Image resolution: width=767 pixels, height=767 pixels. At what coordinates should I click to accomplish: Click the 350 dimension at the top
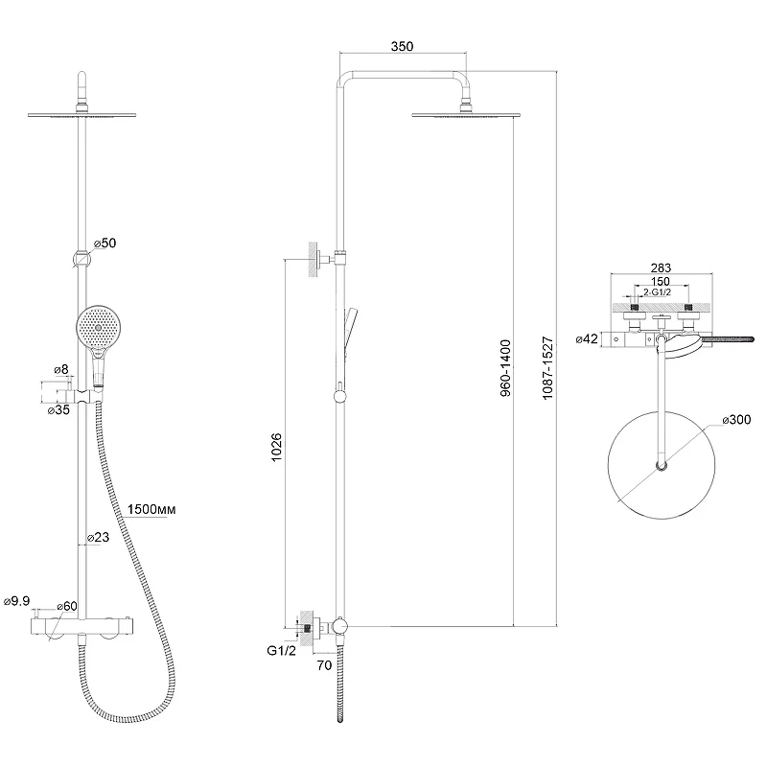point(402,46)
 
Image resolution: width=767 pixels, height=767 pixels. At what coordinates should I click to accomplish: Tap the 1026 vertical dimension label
point(276,447)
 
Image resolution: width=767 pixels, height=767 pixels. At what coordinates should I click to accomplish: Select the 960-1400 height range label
point(505,368)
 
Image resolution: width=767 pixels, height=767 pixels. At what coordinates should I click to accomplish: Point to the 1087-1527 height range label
point(547,368)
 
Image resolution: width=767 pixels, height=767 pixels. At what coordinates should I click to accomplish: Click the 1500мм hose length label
point(151,509)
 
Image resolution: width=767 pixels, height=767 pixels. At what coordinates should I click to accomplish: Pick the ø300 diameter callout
point(736,420)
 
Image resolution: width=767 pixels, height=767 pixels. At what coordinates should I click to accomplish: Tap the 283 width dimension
point(661,267)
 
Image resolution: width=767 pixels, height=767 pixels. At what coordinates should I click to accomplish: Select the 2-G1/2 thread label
point(657,292)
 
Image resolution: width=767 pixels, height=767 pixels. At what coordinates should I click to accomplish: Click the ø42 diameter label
point(587,338)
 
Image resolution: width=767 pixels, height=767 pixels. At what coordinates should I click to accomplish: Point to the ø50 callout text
point(105,243)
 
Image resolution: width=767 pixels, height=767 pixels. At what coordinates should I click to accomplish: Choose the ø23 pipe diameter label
point(98,537)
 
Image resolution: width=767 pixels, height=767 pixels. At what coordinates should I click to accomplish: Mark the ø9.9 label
point(16,601)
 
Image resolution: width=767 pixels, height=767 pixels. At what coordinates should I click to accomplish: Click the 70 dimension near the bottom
point(324,665)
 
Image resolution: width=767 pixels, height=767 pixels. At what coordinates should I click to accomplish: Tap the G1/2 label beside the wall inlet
point(281,651)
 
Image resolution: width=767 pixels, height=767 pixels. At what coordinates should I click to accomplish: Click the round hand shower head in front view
point(99,326)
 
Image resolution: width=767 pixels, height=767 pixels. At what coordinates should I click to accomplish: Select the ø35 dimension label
point(58,410)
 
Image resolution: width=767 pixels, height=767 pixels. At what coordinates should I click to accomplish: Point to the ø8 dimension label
point(61,369)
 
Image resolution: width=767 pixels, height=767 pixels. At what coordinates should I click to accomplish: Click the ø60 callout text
point(67,606)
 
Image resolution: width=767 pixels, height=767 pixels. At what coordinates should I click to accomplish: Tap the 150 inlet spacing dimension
point(661,281)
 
